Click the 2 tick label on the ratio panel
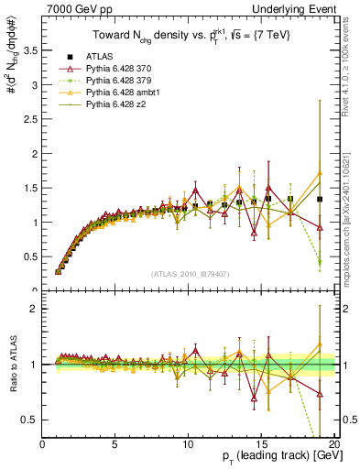click(34, 309)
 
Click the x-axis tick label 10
click(189, 445)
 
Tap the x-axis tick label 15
click(261, 445)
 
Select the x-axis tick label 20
click(334, 445)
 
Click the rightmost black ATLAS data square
click(320, 199)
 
